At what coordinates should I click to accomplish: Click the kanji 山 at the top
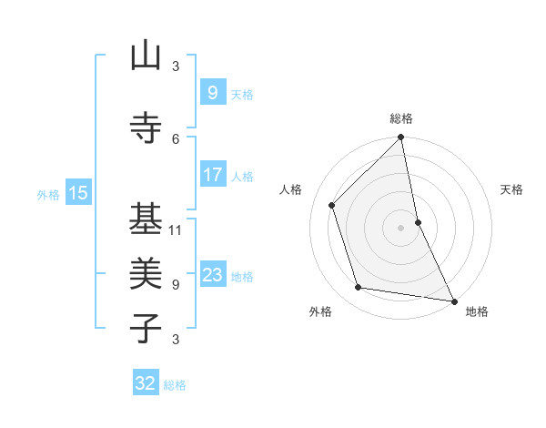(x=146, y=57)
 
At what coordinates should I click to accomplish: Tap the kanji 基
(x=146, y=219)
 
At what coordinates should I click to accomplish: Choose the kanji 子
(x=146, y=329)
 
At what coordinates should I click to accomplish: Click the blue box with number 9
(x=212, y=93)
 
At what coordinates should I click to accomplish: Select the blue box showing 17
(x=212, y=175)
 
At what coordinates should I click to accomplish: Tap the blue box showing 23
(x=212, y=275)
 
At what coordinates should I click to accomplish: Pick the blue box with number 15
(x=78, y=193)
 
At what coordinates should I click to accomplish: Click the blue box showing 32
(x=146, y=383)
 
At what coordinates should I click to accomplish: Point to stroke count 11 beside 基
(x=176, y=229)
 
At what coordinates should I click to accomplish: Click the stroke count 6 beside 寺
(x=176, y=138)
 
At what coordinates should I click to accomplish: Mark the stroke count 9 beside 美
(x=176, y=284)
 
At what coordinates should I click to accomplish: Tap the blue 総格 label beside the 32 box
(x=175, y=385)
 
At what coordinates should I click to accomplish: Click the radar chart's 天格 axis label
(x=511, y=189)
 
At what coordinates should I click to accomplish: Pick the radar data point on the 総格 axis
(x=400, y=138)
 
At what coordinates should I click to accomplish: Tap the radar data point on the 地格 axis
(x=453, y=301)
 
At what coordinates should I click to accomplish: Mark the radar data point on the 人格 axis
(x=332, y=205)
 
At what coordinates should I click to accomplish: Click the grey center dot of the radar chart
(x=400, y=227)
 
